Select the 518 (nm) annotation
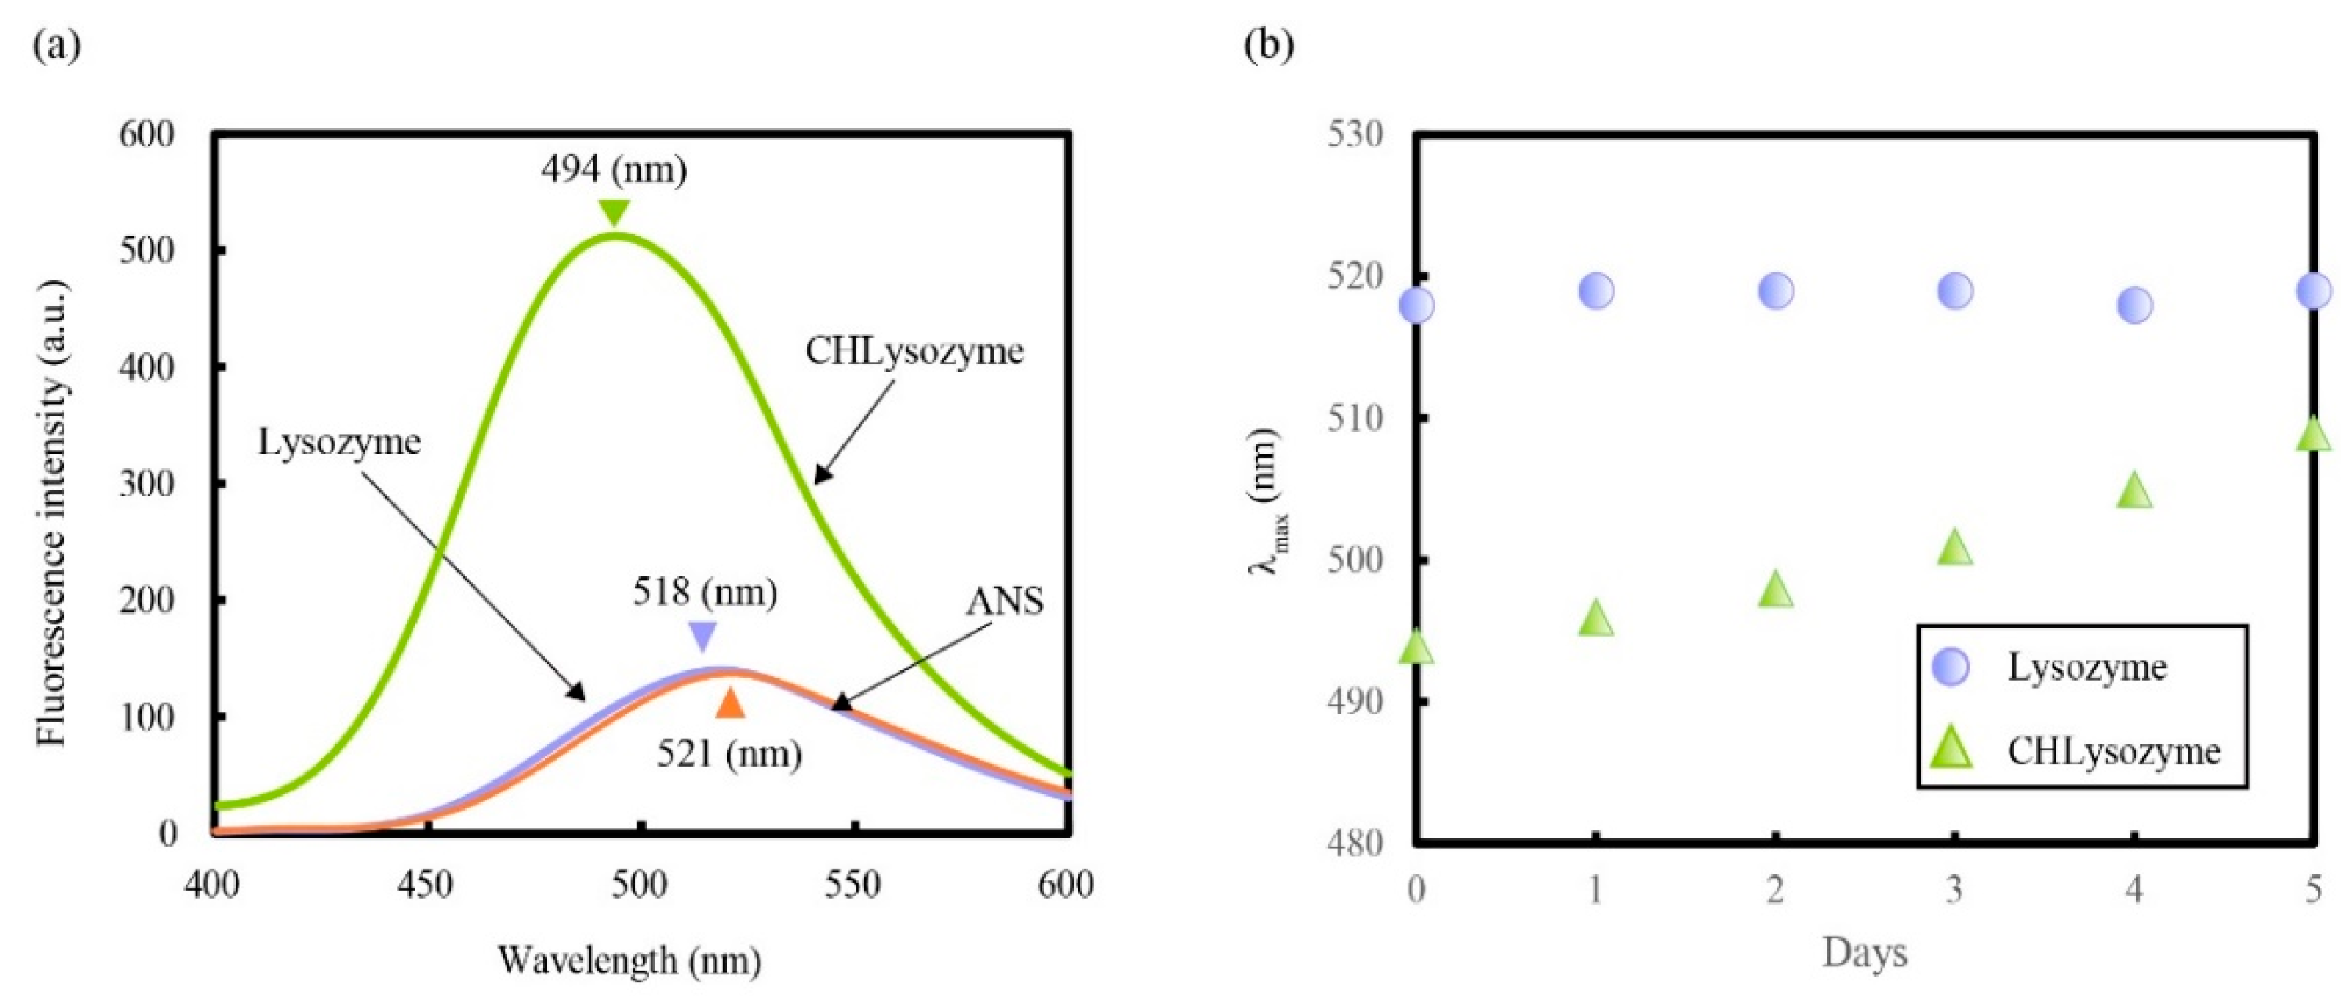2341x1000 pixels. pyautogui.click(x=705, y=593)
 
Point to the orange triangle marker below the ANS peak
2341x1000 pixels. pyautogui.click(x=729, y=703)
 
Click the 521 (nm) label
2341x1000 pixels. pyautogui.click(x=729, y=753)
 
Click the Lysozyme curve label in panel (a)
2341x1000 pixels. pyautogui.click(x=340, y=442)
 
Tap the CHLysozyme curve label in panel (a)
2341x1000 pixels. pyautogui.click(x=914, y=352)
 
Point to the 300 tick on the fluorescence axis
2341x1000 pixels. pyautogui.click(x=146, y=484)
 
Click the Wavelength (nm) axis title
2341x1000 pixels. pyautogui.click(x=629, y=960)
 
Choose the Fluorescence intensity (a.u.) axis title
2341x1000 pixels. pyautogui.click(x=53, y=515)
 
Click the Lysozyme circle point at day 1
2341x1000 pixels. pyautogui.click(x=1596, y=291)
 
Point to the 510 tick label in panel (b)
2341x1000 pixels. pyautogui.click(x=1355, y=419)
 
